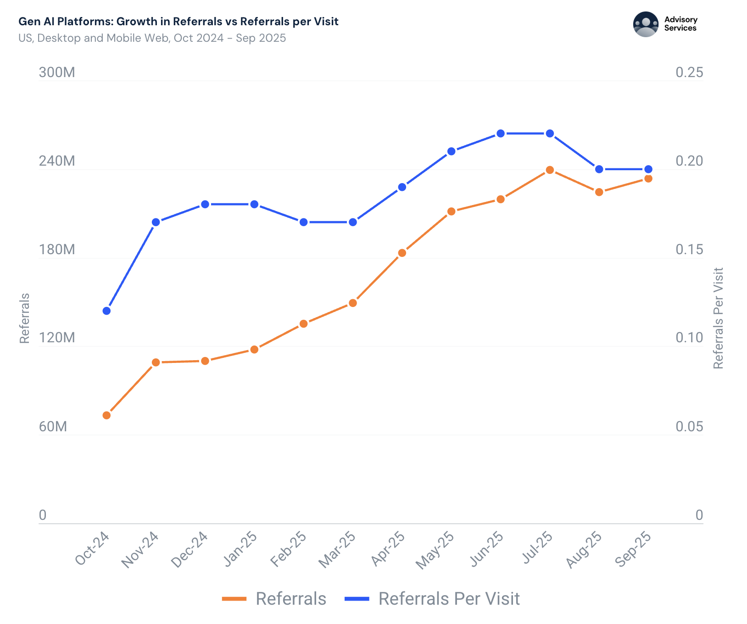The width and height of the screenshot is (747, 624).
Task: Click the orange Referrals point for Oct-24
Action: pos(106,415)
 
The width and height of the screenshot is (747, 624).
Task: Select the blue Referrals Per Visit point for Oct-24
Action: pos(106,311)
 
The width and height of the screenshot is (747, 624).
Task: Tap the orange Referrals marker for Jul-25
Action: pos(550,170)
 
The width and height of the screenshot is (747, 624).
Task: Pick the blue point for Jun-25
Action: pos(501,134)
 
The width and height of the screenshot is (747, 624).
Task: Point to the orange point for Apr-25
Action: pos(402,253)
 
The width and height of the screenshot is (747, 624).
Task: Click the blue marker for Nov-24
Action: pos(156,222)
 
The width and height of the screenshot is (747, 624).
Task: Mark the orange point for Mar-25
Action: pos(352,303)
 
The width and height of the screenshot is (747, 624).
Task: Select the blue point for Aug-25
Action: pos(599,169)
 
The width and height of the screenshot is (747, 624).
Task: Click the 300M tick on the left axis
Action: pos(57,72)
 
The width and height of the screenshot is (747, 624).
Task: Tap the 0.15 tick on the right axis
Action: pos(689,250)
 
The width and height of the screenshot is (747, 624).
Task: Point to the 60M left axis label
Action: pos(53,427)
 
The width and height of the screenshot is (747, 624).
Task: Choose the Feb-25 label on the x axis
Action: pos(288,550)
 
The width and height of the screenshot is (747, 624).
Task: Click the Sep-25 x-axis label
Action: pos(633,550)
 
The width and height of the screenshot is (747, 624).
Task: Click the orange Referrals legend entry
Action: pos(274,599)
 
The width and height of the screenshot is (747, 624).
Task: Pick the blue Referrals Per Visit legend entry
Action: pos(432,599)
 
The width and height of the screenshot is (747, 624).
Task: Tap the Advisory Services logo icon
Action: pos(646,24)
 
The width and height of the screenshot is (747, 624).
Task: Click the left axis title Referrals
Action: pos(24,318)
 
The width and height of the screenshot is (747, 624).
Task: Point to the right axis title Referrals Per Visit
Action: pos(718,318)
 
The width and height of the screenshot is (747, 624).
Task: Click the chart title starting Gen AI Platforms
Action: pos(178,22)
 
